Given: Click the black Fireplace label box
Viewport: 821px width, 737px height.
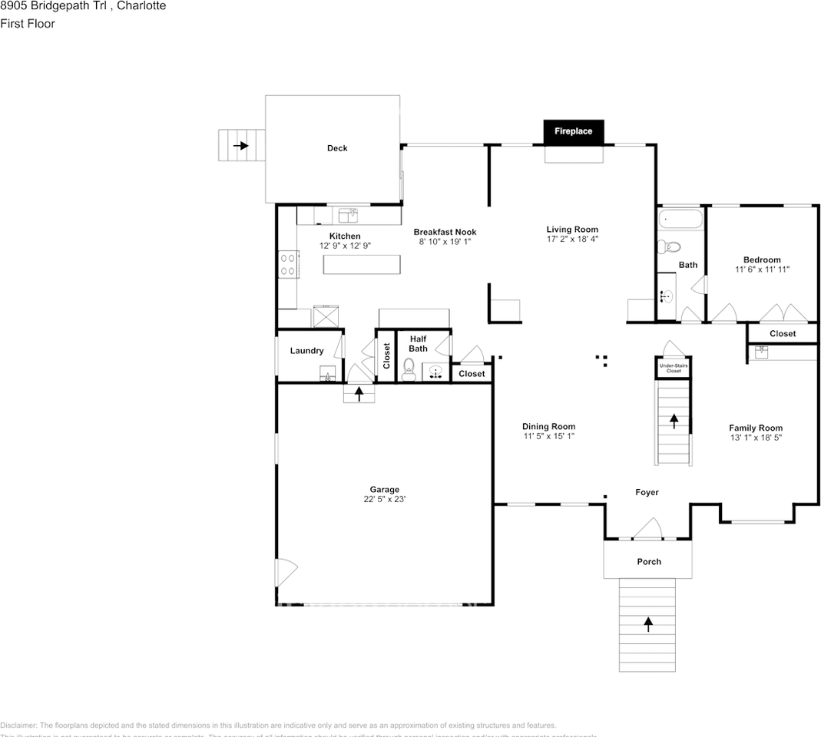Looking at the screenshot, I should coord(573,131).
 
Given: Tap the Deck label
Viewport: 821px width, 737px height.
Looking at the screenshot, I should coord(337,148).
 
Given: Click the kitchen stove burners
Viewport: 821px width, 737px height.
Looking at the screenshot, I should coord(288,265).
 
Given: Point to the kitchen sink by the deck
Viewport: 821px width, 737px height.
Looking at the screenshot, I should coord(349,214).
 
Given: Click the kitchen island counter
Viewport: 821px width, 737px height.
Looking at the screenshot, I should coord(362,264).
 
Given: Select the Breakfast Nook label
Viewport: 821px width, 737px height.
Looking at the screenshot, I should coord(445,232).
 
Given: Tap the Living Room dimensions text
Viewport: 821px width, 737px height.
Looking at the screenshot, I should coord(572,240).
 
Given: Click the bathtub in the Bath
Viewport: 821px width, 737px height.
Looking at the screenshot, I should coord(681,219).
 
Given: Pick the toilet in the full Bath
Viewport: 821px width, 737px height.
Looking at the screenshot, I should coord(668,247).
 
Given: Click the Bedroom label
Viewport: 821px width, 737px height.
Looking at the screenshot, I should coord(761,259).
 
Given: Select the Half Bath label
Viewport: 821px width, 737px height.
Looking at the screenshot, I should coord(418,343).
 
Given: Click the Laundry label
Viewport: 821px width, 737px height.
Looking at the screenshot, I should coord(306,351).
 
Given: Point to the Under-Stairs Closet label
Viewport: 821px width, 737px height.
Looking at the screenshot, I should coord(674,368).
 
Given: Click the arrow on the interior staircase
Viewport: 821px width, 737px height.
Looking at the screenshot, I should coord(674,421).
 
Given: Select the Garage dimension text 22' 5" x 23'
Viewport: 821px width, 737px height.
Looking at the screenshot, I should coord(384,499).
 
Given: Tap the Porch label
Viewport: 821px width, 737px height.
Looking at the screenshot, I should coord(649,561).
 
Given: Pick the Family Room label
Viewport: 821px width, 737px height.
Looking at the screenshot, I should coord(755,428).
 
